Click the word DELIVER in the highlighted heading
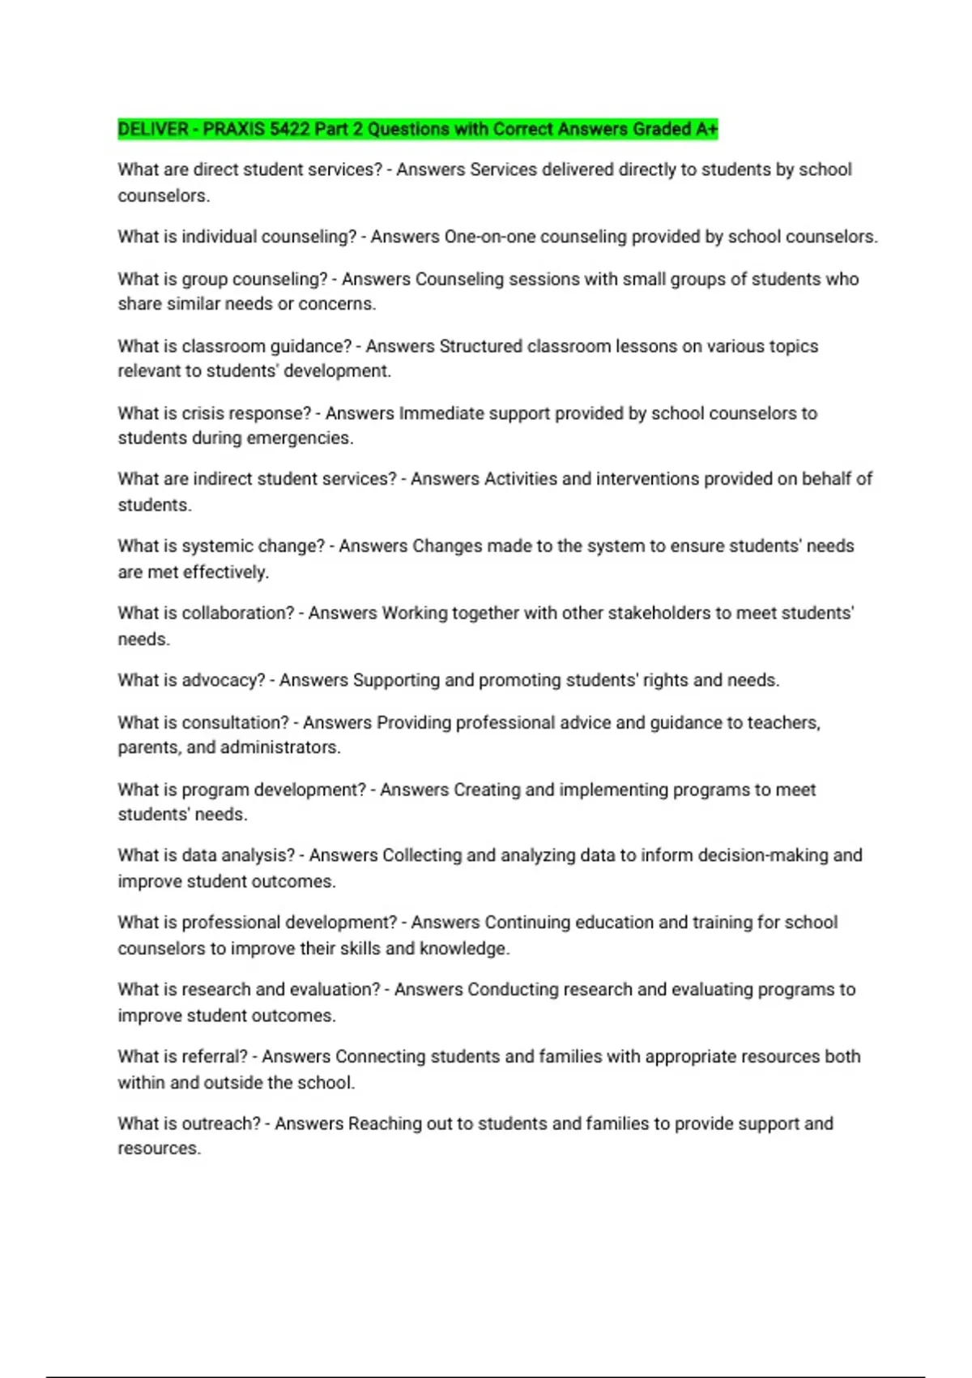pyautogui.click(x=153, y=129)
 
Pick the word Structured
pyautogui.click(x=480, y=346)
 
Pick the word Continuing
pyautogui.click(x=527, y=922)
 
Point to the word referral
pyautogui.click(x=214, y=1057)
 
